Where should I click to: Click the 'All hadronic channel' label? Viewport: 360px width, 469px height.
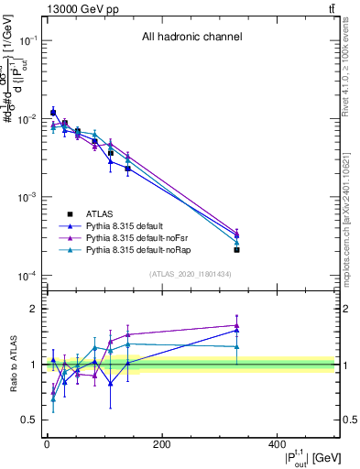pyautogui.click(x=191, y=38)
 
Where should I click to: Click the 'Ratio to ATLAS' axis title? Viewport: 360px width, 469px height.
pyautogui.click(x=12, y=365)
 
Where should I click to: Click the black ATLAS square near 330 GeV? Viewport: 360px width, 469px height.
pyautogui.click(x=236, y=249)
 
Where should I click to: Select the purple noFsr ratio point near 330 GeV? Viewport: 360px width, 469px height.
pyautogui.click(x=236, y=325)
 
